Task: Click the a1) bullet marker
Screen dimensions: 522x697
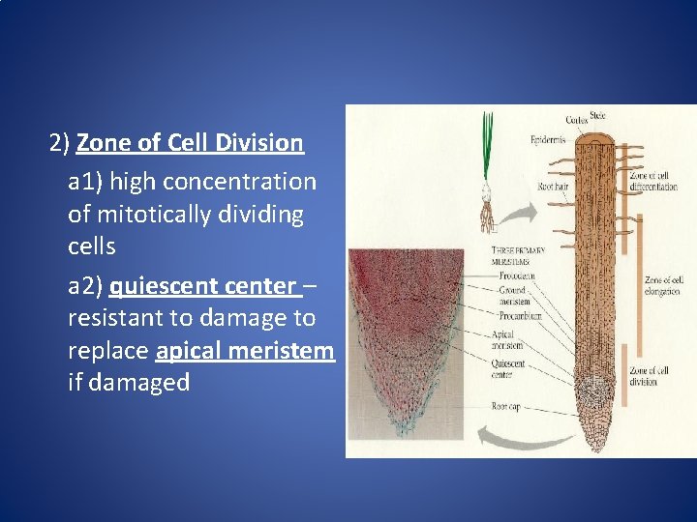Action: click(85, 182)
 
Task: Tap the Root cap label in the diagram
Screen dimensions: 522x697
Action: click(504, 407)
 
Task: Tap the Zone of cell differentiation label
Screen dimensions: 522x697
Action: click(653, 181)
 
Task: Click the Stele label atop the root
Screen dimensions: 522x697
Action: click(597, 116)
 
